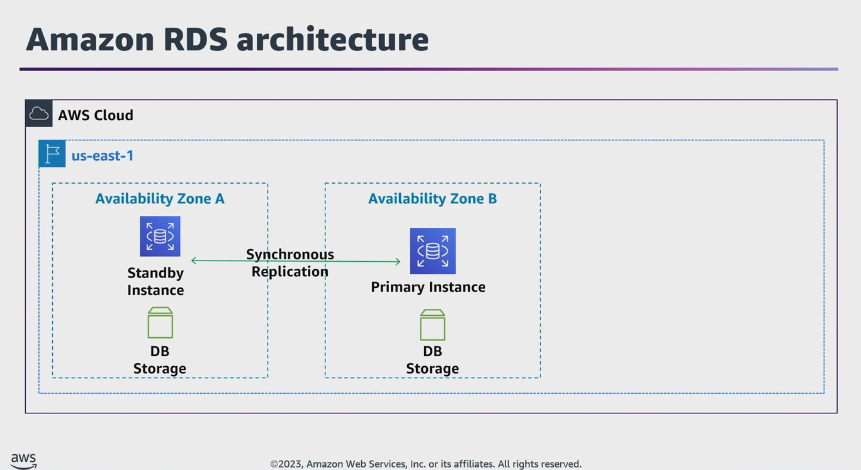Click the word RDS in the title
[x=195, y=39]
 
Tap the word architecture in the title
[x=332, y=39]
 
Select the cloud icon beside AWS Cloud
[x=39, y=114]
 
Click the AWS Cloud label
[x=96, y=115]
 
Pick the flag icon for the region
[x=52, y=154]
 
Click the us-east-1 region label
[x=103, y=155]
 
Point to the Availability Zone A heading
[x=160, y=199]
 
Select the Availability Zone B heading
[x=432, y=199]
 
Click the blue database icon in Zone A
[x=160, y=237]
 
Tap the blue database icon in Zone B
[x=432, y=251]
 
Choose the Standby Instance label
[x=155, y=281]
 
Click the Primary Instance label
[x=428, y=287]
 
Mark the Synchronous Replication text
[x=290, y=263]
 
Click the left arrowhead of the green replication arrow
[x=194, y=260]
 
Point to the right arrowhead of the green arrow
[x=398, y=262]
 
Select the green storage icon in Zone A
[x=160, y=323]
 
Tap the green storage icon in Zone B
[x=432, y=325]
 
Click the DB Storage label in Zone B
[x=432, y=360]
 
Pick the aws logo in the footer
[x=24, y=461]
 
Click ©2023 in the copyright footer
[x=286, y=464]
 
